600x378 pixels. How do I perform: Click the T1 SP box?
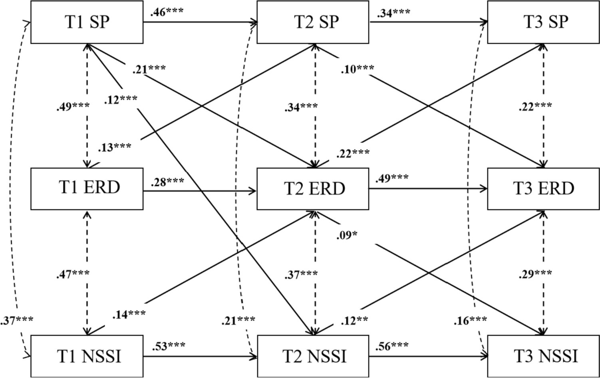click(x=87, y=22)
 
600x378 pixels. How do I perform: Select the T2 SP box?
click(x=313, y=22)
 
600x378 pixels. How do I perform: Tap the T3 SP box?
click(x=543, y=22)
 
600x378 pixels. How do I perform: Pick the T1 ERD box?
click(x=87, y=188)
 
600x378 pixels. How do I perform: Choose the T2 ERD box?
click(x=313, y=188)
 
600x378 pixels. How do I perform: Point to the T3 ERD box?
click(x=543, y=188)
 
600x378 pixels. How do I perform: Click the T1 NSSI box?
click(x=87, y=356)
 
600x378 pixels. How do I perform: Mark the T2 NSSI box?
click(x=313, y=356)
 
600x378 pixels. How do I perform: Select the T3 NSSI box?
click(x=543, y=356)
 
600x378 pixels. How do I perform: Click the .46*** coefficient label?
click(x=167, y=12)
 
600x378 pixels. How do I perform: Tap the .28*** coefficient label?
click(x=167, y=182)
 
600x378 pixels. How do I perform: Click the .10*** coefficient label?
click(x=357, y=69)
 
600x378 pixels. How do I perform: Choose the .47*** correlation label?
click(x=73, y=274)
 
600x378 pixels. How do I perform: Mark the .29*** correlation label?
click(x=535, y=274)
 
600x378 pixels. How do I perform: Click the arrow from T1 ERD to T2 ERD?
click(x=200, y=191)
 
